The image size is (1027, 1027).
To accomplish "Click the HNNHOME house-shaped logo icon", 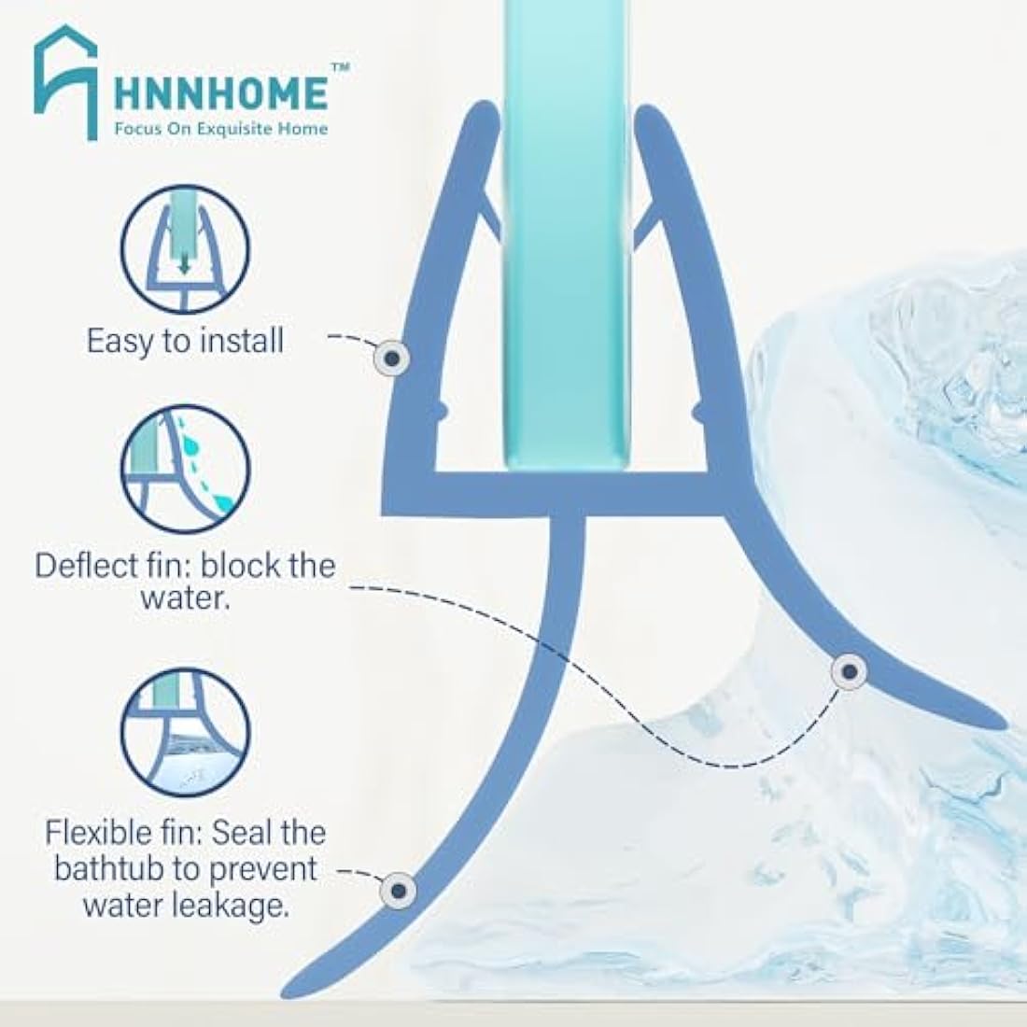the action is [65, 82].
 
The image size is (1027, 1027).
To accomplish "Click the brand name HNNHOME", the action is [220, 93].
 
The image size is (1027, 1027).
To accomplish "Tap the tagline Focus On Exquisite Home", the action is [220, 129].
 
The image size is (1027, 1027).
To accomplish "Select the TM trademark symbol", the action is [341, 67].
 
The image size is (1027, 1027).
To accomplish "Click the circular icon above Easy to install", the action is [186, 249].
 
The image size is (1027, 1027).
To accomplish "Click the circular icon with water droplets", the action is [186, 469].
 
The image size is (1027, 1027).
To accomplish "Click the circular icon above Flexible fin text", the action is [186, 733].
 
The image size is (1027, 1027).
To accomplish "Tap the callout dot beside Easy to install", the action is [392, 359].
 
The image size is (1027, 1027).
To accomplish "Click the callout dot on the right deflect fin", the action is [850, 671].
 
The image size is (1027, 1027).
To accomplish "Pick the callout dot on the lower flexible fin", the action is [399, 891].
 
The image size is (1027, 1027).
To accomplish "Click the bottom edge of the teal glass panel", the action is [568, 466].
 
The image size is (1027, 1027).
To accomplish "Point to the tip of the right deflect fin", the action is [1004, 724].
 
